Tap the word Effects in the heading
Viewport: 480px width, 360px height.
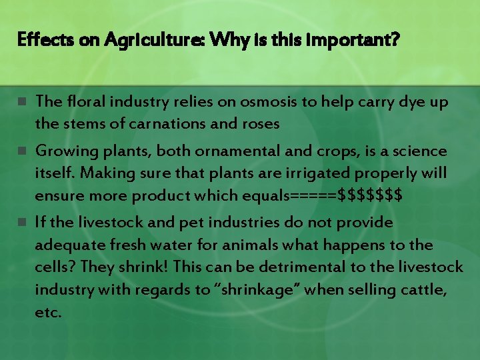coord(41,41)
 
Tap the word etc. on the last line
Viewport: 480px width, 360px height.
coord(48,312)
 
